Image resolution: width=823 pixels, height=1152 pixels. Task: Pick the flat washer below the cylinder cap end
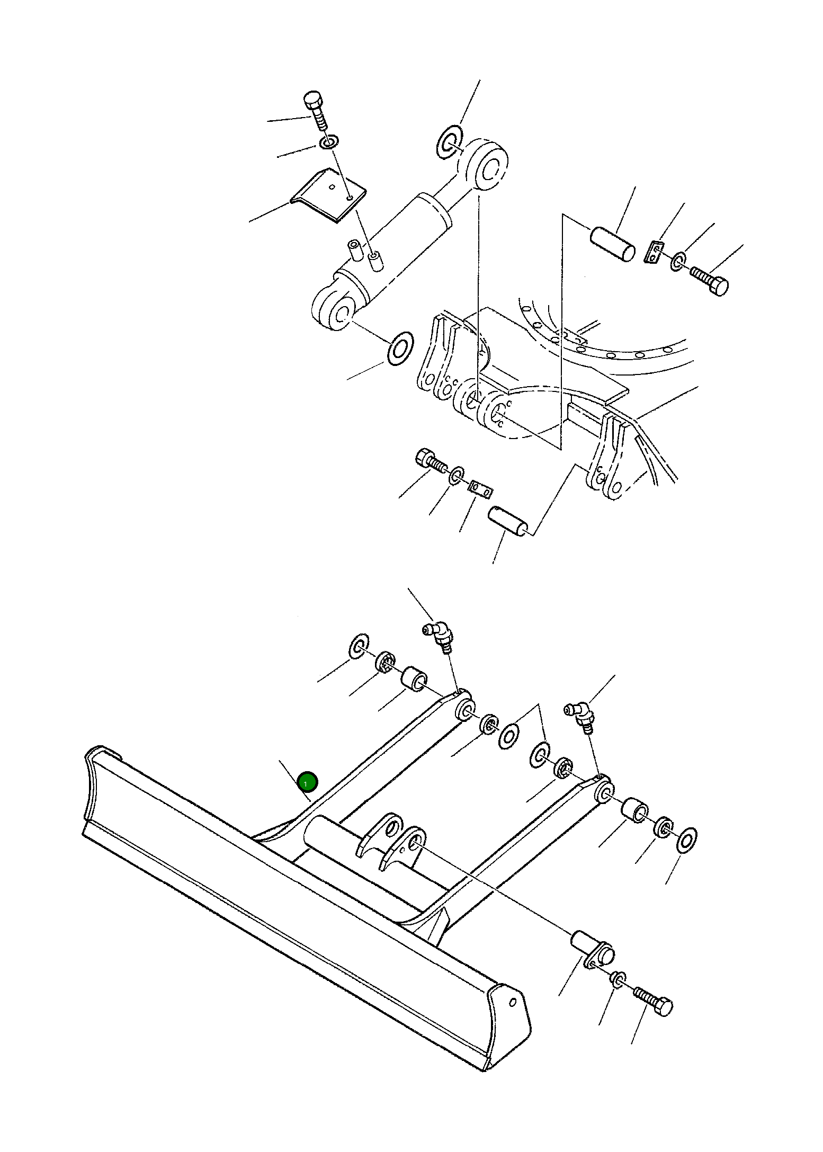click(x=401, y=349)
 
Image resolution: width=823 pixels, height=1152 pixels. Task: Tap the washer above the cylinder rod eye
click(x=450, y=142)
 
